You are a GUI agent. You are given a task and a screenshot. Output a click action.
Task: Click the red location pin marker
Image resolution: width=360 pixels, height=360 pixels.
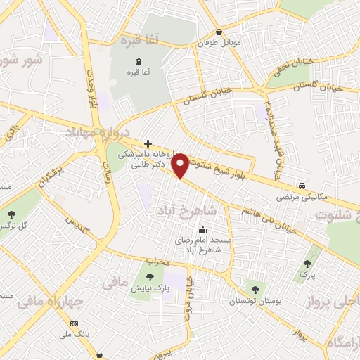click(x=181, y=166)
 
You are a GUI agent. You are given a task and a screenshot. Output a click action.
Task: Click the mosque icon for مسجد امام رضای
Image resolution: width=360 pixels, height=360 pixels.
click(x=203, y=229)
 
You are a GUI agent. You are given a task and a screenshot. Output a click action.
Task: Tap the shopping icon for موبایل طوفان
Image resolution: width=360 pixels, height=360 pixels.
click(x=219, y=32)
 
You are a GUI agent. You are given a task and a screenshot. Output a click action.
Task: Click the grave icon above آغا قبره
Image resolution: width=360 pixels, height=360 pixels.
click(x=138, y=61)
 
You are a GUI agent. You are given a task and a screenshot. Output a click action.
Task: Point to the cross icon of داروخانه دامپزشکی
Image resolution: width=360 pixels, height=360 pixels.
click(x=147, y=143)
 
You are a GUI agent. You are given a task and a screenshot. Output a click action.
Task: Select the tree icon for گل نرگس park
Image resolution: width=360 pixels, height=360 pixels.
click(x=11, y=214)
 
